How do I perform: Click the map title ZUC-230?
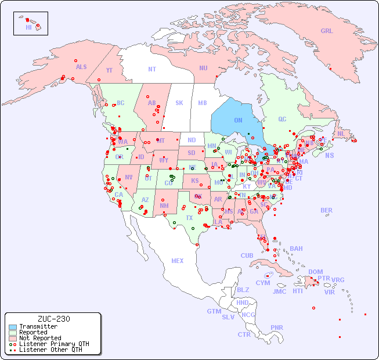pyautogui.click(x=53, y=319)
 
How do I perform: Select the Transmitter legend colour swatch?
pyautogui.click(x=13, y=327)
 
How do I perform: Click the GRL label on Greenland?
pyautogui.click(x=327, y=31)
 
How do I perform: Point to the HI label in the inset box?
pyautogui.click(x=29, y=27)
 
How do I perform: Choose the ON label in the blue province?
pyautogui.click(x=238, y=121)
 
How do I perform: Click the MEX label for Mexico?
pyautogui.click(x=178, y=261)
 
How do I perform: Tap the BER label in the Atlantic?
pyautogui.click(x=327, y=210)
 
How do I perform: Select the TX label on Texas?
pyautogui.click(x=189, y=218)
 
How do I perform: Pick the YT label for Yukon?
pyautogui.click(x=109, y=70)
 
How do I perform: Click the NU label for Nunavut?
pyautogui.click(x=203, y=68)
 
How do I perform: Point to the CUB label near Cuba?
pyautogui.click(x=247, y=255)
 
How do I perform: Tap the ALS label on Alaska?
pyautogui.click(x=81, y=67)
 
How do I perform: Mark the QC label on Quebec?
pyautogui.click(x=282, y=119)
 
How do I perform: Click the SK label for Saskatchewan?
pyautogui.click(x=179, y=103)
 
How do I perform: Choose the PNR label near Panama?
pyautogui.click(x=277, y=327)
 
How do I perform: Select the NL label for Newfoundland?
pyautogui.click(x=341, y=133)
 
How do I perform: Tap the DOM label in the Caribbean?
pyautogui.click(x=315, y=272)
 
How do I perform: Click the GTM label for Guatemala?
pyautogui.click(x=214, y=311)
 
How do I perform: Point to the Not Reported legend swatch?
pyautogui.click(x=13, y=338)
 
